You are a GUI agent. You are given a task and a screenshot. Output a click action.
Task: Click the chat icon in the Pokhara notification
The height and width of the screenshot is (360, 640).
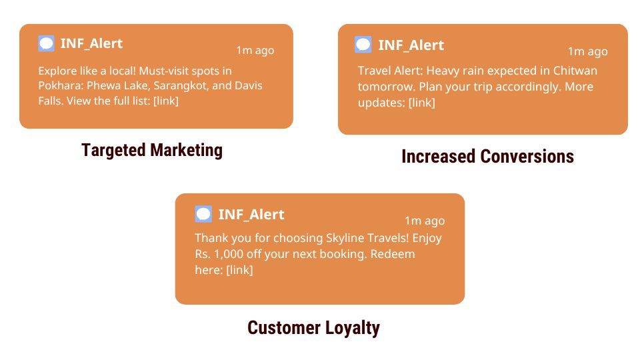click(46, 43)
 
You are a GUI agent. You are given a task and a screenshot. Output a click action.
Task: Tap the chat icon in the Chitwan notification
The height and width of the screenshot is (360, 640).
click(363, 45)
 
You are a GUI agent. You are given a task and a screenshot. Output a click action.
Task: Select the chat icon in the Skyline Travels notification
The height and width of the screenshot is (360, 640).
click(203, 214)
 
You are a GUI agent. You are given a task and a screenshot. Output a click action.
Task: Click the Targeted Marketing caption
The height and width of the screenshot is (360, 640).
click(152, 150)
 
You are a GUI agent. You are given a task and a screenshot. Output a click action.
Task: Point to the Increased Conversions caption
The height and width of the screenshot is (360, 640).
click(487, 156)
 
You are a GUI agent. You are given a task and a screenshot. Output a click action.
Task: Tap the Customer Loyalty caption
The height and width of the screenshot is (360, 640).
click(313, 328)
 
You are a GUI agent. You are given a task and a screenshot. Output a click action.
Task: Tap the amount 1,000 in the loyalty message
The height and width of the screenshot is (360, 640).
click(229, 254)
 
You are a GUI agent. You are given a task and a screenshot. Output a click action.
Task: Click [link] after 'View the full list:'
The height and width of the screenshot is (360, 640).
click(166, 101)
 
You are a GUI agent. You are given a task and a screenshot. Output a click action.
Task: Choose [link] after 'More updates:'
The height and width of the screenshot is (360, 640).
click(421, 103)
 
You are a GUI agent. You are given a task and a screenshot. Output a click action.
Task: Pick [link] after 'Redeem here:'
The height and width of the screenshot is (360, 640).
click(239, 270)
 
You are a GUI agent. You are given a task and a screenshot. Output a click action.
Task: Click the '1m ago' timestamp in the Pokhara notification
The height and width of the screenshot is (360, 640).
click(255, 50)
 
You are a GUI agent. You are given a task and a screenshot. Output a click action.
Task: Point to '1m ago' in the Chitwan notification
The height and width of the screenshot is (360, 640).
click(588, 51)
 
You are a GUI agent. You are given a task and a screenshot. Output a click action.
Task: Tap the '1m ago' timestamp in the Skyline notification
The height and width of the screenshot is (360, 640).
click(425, 221)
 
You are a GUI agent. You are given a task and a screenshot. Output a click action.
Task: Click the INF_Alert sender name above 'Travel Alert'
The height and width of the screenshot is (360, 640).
click(411, 45)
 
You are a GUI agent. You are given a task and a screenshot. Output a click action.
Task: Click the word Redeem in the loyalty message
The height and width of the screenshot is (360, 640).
click(392, 254)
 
